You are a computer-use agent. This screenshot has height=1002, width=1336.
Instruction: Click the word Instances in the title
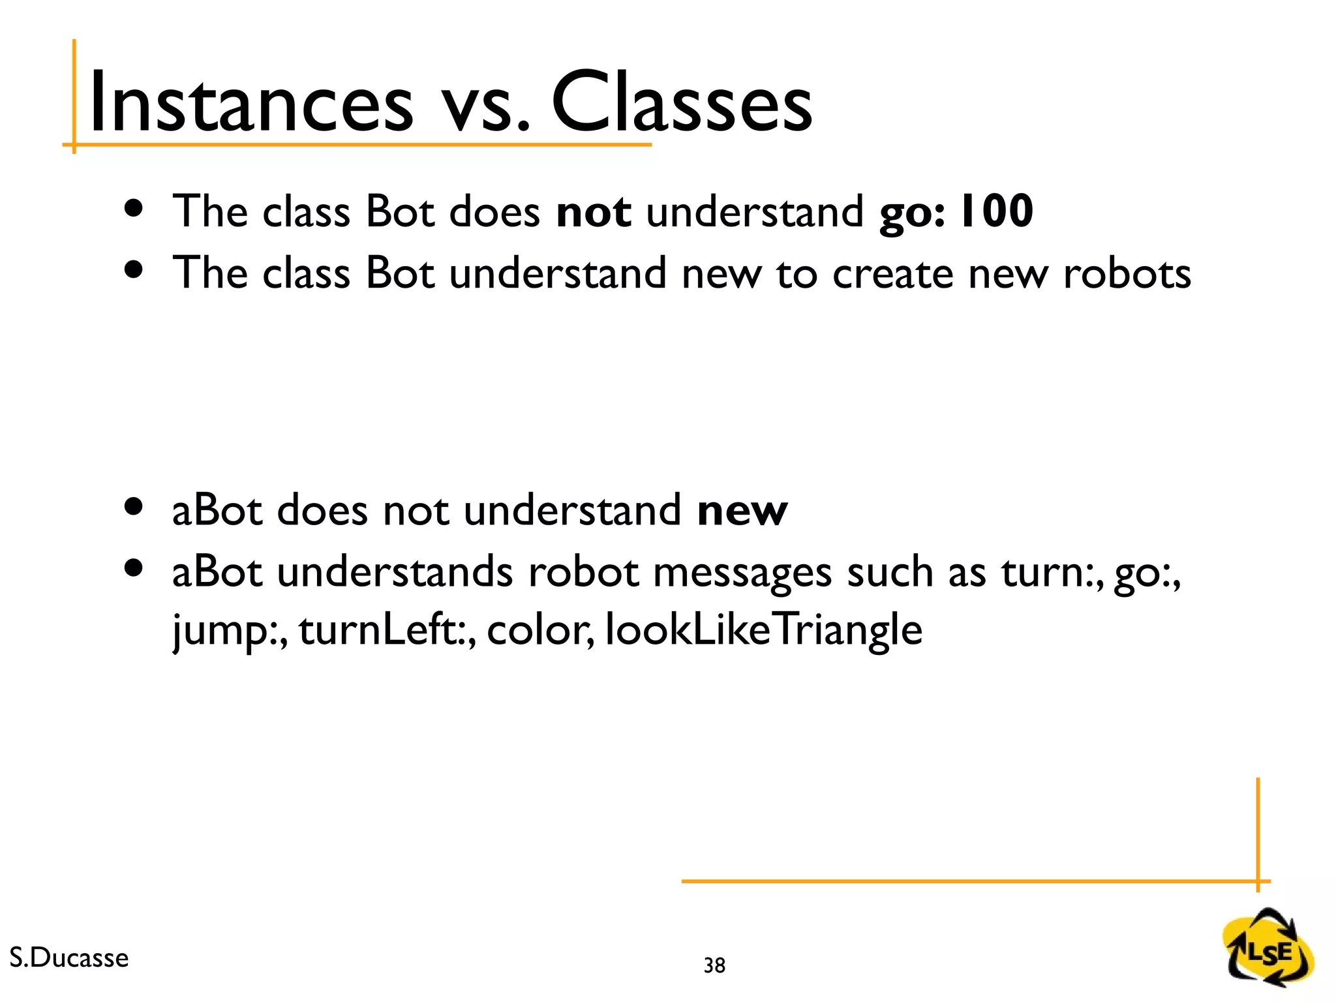[x=251, y=103]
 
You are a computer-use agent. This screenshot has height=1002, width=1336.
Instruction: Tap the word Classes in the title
[x=682, y=103]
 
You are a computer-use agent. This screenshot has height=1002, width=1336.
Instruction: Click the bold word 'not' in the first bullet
[x=593, y=212]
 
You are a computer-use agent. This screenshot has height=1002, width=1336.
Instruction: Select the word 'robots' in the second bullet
[x=1127, y=273]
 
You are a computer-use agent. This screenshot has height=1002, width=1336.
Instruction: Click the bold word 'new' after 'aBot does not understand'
[x=742, y=511]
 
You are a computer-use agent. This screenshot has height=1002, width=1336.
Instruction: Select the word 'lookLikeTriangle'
[x=763, y=630]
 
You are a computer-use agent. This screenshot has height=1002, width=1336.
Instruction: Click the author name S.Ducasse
[x=69, y=958]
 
